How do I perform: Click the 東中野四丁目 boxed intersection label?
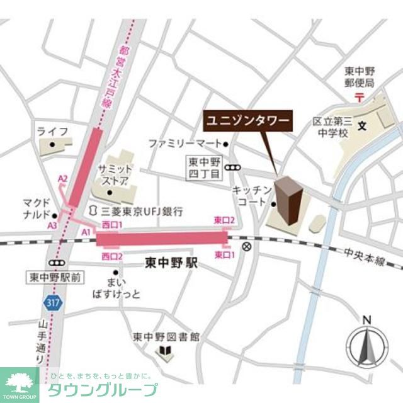tap(205, 167)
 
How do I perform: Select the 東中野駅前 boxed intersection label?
tap(55, 277)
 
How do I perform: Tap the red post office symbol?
tap(359, 97)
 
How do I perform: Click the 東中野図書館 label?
tap(166, 336)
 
